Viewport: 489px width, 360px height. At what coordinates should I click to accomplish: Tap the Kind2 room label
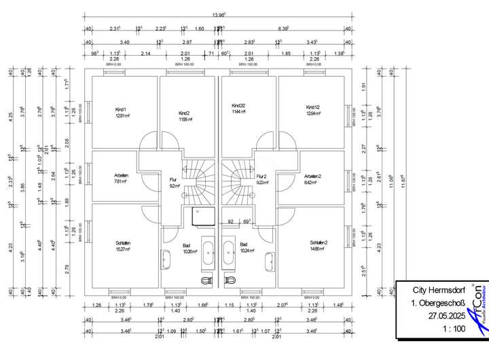183,113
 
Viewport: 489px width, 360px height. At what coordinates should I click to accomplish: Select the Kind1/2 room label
312,107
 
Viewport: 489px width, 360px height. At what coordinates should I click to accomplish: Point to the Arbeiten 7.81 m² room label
122,176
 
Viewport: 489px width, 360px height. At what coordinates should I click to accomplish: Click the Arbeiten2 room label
312,176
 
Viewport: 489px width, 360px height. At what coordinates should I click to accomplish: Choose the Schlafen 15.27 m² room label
123,242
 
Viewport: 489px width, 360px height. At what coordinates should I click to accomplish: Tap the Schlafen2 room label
318,242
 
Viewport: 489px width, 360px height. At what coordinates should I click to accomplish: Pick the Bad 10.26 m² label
188,248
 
